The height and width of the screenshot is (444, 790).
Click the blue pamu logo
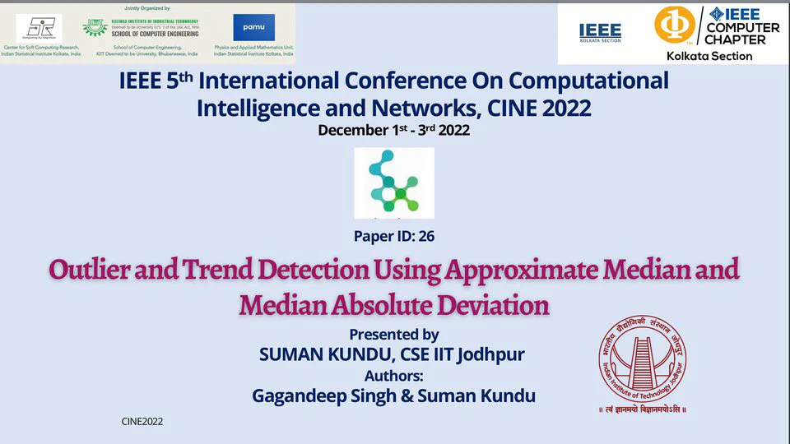253,27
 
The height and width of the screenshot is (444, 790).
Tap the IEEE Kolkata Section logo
600,32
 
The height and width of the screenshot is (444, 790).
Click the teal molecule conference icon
393,183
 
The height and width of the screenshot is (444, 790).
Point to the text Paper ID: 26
394,237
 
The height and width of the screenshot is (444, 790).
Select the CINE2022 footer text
142,422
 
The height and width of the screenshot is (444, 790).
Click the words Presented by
393,335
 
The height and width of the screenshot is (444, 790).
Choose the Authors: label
393,376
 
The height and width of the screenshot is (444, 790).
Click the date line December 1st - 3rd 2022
393,130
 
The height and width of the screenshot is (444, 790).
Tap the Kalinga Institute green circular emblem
95,27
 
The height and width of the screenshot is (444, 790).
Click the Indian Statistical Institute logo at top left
38,28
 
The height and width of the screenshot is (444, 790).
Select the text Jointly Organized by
147,7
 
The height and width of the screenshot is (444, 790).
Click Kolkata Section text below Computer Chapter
709,56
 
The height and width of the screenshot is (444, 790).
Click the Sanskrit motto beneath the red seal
642,409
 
